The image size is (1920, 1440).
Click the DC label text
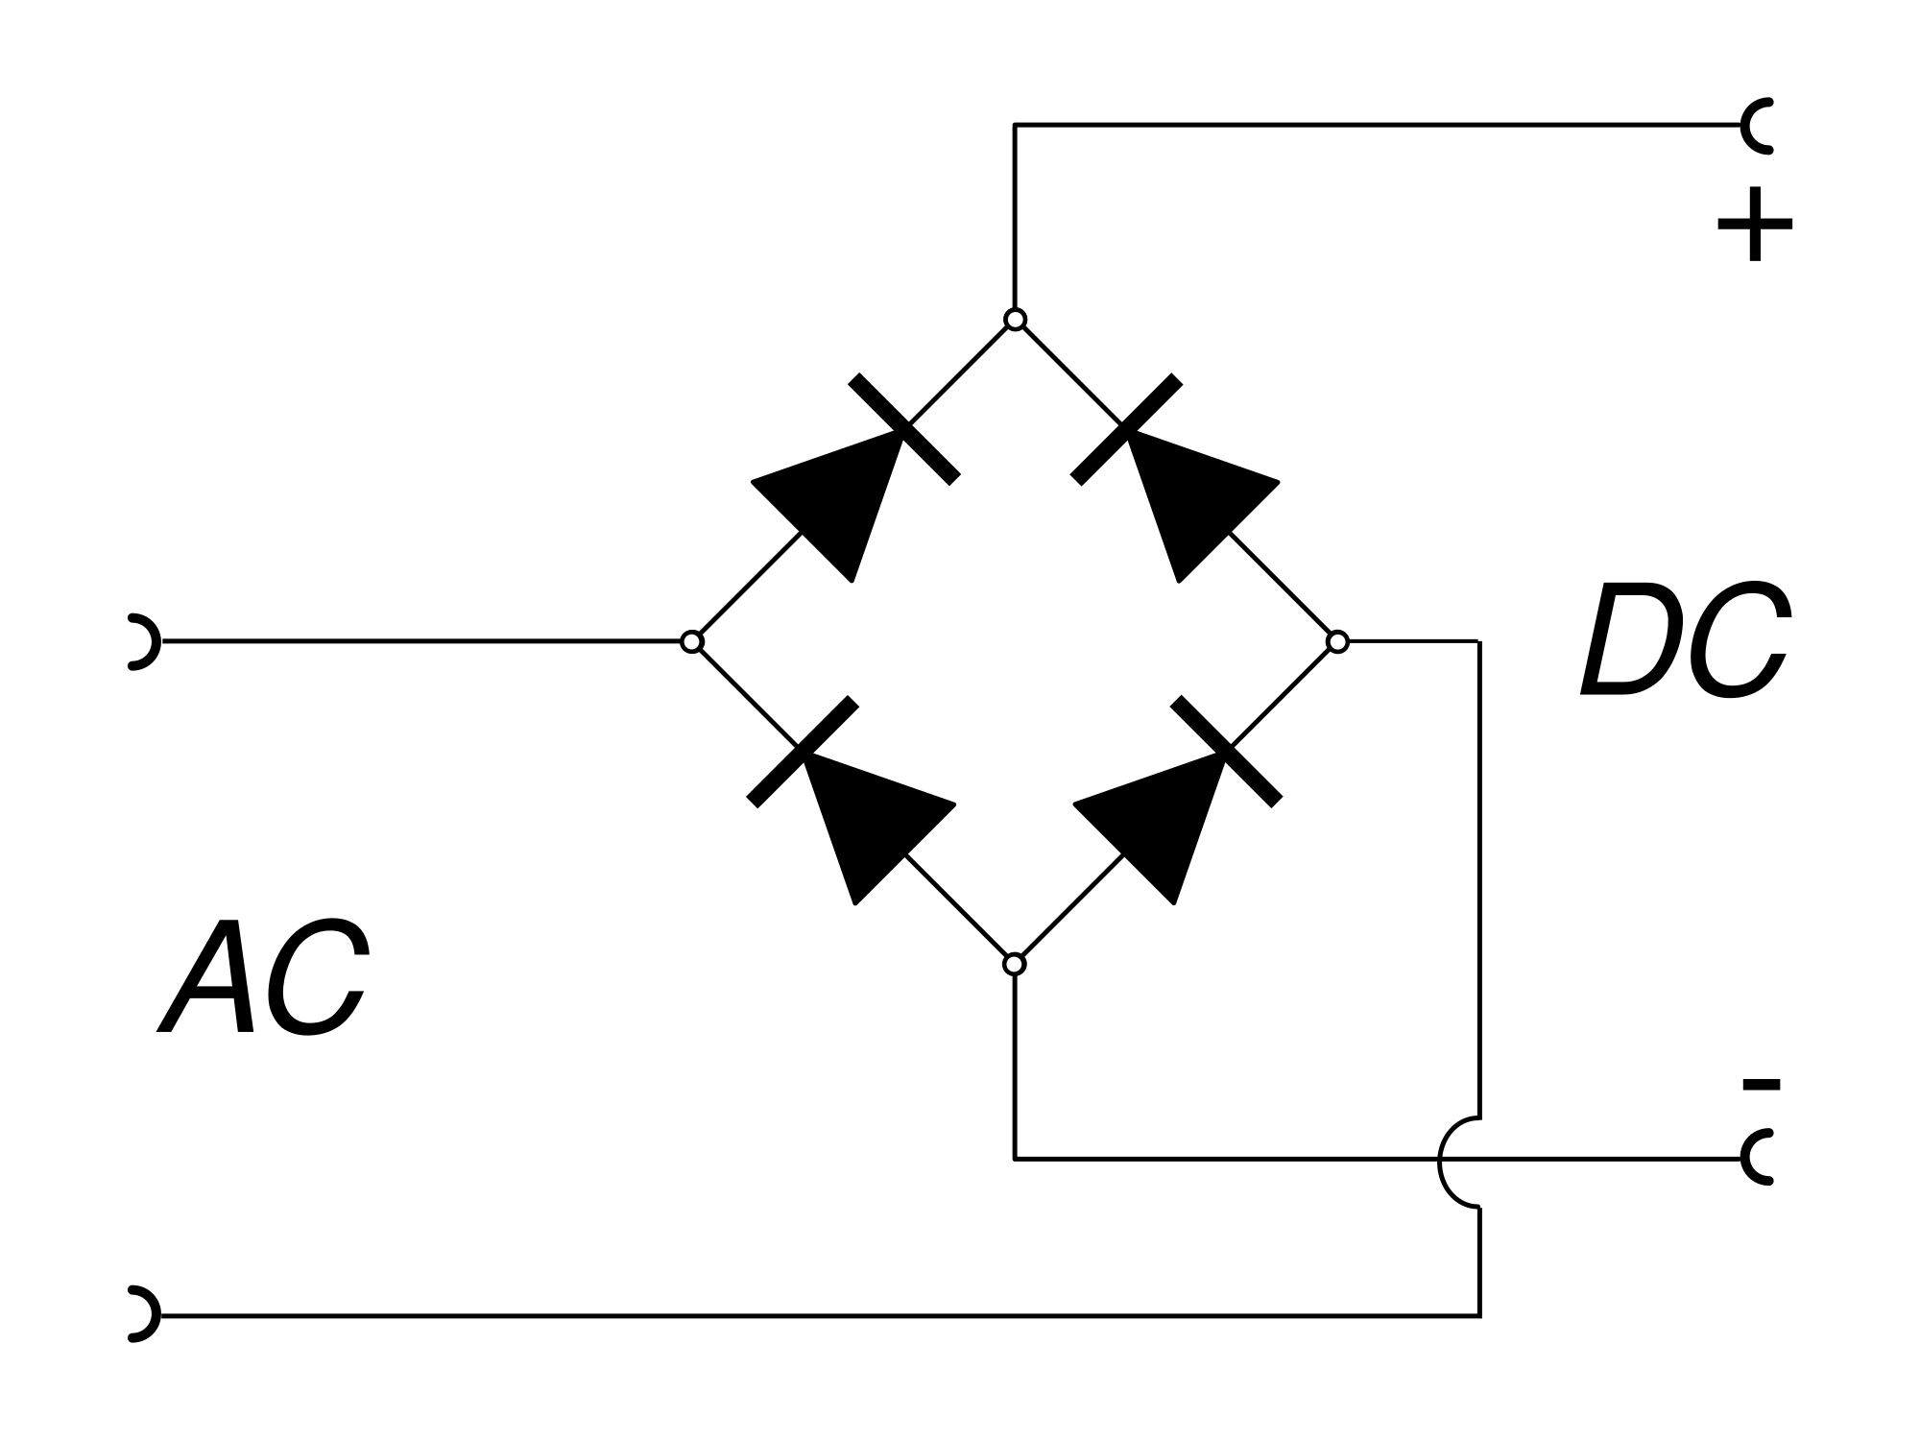tap(1685, 641)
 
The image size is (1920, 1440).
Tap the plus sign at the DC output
tap(1754, 225)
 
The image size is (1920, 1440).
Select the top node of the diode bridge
tap(1015, 319)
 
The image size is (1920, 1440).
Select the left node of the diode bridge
tap(691, 641)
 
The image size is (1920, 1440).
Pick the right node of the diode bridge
tap(1337, 641)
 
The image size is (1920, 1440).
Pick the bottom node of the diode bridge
tap(1014, 964)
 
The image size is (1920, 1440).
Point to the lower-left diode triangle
tap(869, 821)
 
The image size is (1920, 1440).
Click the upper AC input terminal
tap(142, 640)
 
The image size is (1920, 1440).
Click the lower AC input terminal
tap(142, 1313)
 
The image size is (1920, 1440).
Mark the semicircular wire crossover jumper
tap(1454, 1162)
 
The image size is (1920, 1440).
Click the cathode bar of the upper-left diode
tap(904, 429)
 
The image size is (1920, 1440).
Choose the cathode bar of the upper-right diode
tap(1126, 429)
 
